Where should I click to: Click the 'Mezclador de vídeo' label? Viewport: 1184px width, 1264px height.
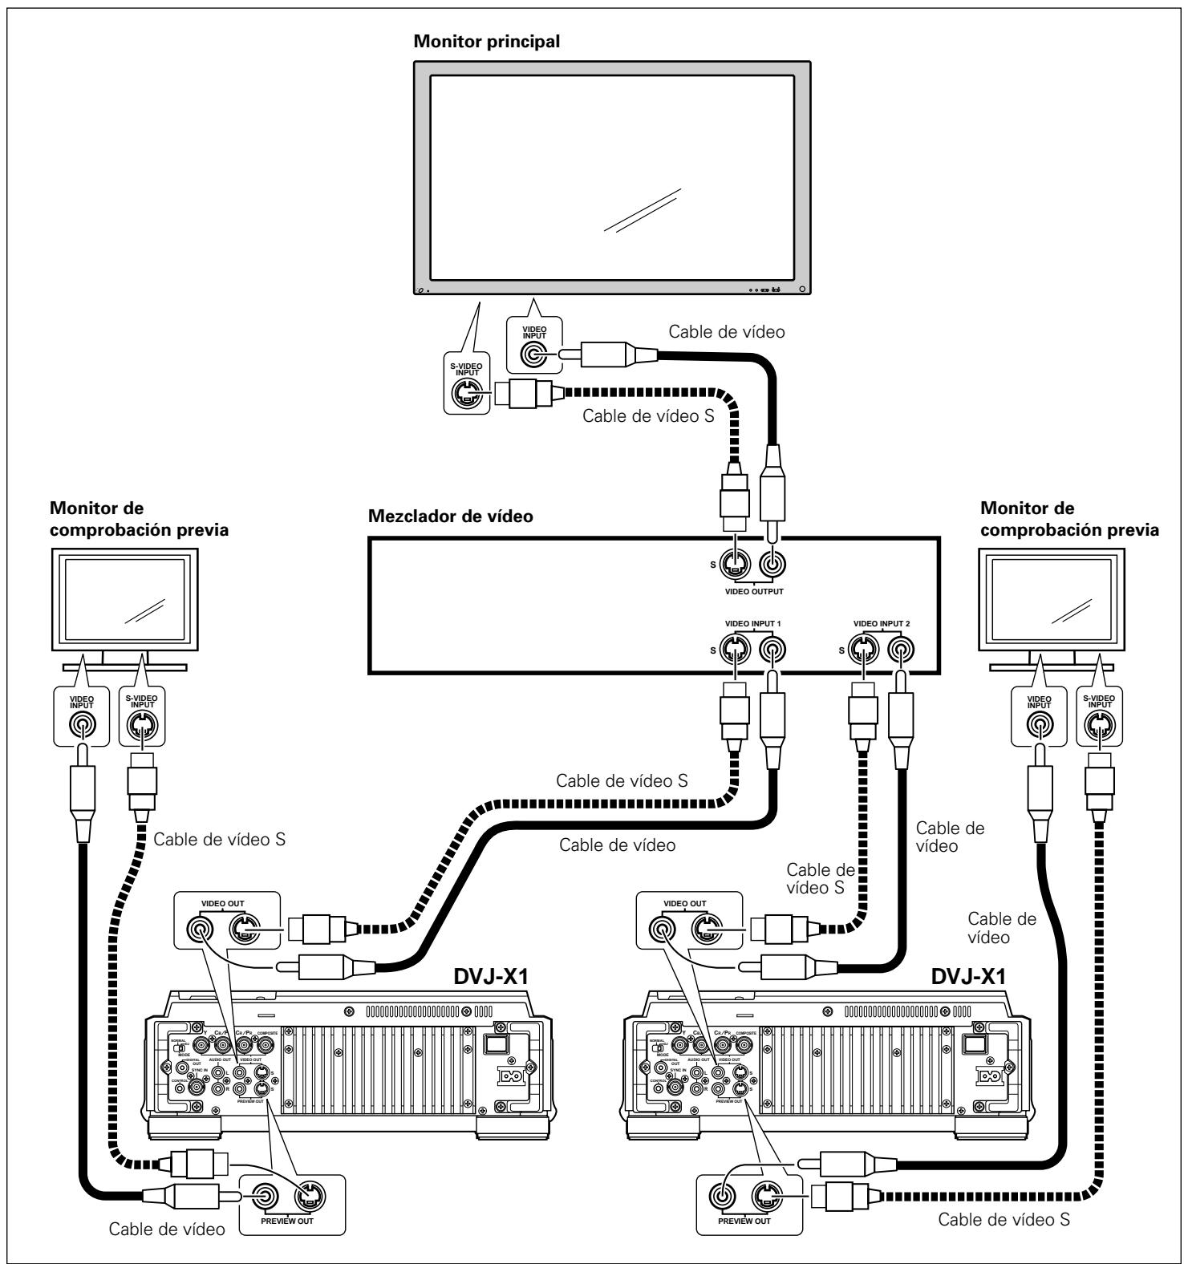(450, 517)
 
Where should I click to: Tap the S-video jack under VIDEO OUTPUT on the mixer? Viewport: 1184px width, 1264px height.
(733, 564)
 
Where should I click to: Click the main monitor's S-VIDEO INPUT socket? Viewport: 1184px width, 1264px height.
(467, 394)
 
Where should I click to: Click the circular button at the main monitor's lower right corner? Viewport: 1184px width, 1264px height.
(801, 289)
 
